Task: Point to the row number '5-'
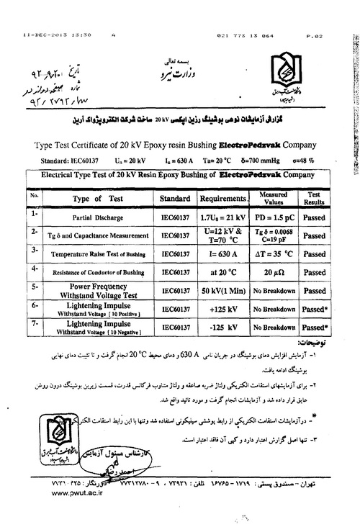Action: coord(34,287)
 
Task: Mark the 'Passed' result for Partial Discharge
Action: coord(314,217)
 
